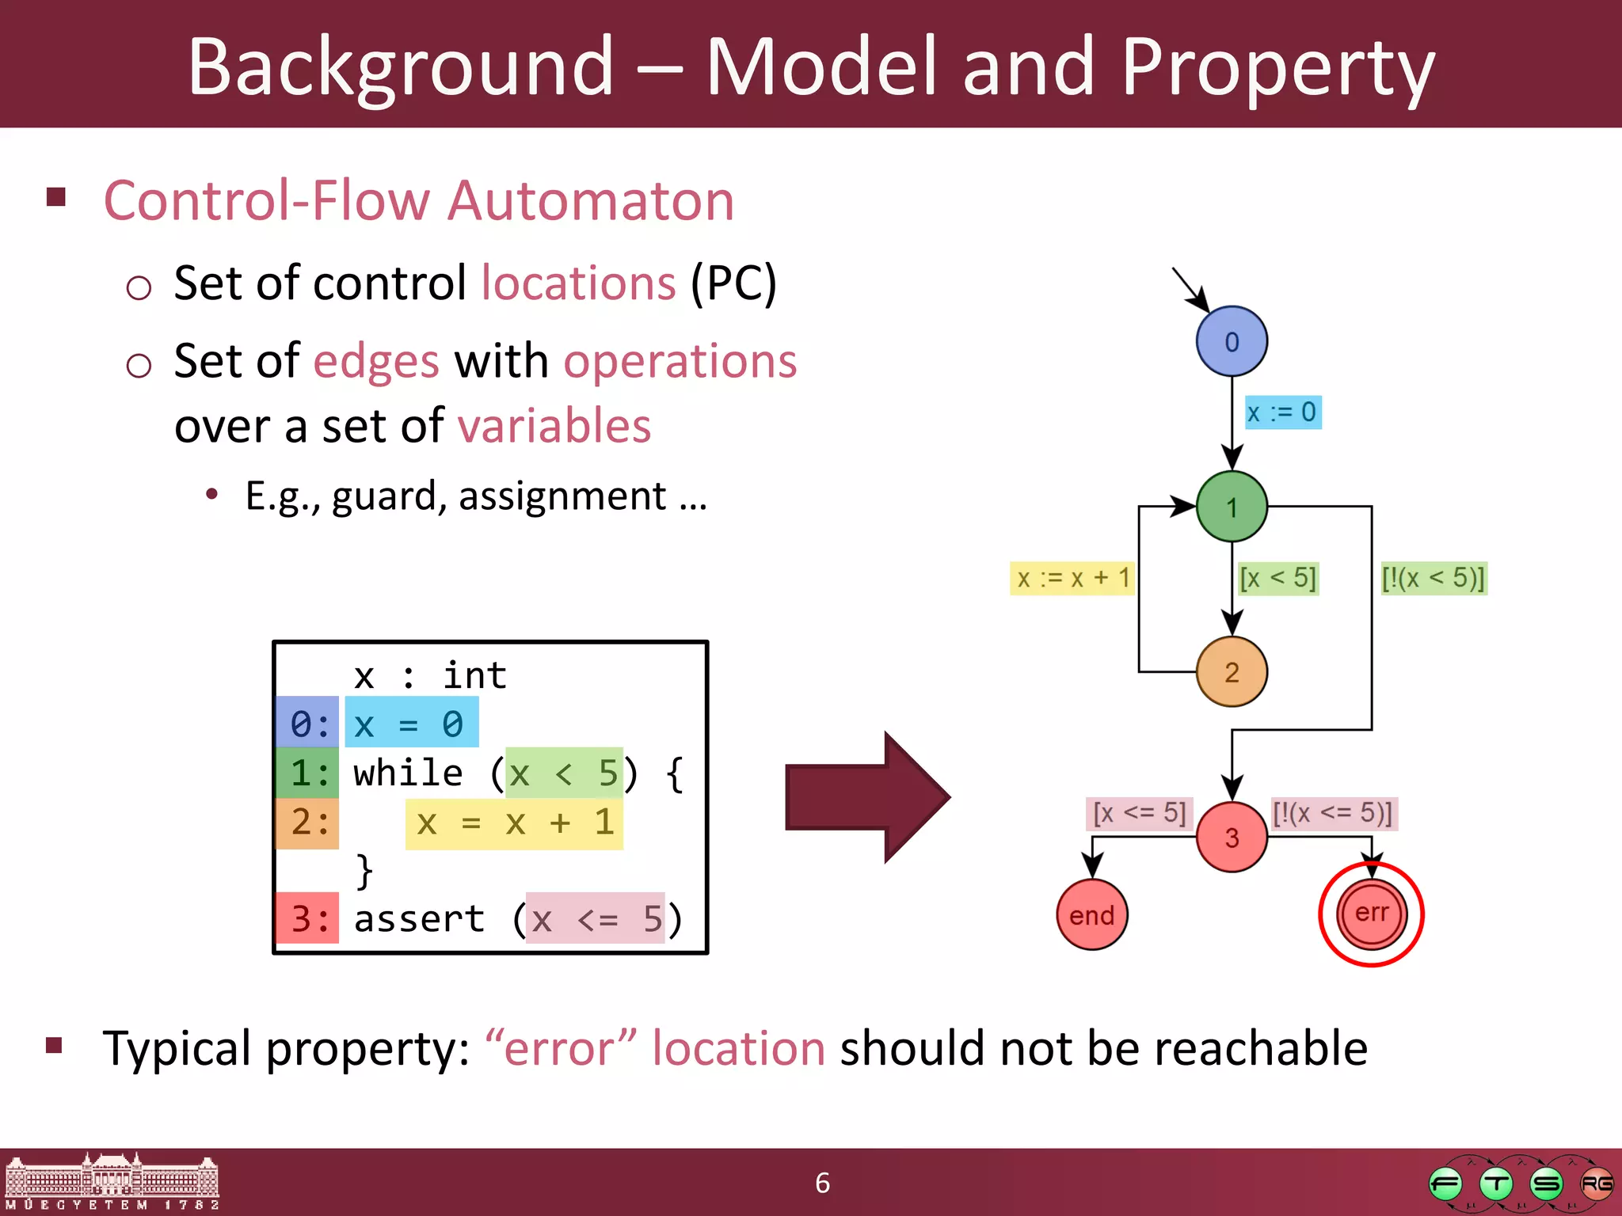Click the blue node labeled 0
pos(1231,341)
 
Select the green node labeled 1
pos(1231,507)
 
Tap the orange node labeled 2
pos(1231,672)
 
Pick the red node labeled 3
pos(1231,837)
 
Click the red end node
pos(1091,915)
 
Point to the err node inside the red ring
pos(1371,914)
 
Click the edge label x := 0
pos(1282,412)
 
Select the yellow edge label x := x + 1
pos(1072,578)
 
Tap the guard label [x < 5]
pos(1277,578)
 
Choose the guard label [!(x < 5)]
pos(1433,578)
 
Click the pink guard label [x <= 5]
pos(1139,813)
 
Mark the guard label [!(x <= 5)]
pos(1333,813)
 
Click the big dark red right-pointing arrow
pos(867,797)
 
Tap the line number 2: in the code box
pos(308,823)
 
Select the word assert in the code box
pos(419,919)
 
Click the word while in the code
pos(408,773)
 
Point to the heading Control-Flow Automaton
pos(419,200)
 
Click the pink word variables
pos(554,426)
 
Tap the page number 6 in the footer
pos(822,1183)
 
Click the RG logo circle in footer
pos(1595,1184)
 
